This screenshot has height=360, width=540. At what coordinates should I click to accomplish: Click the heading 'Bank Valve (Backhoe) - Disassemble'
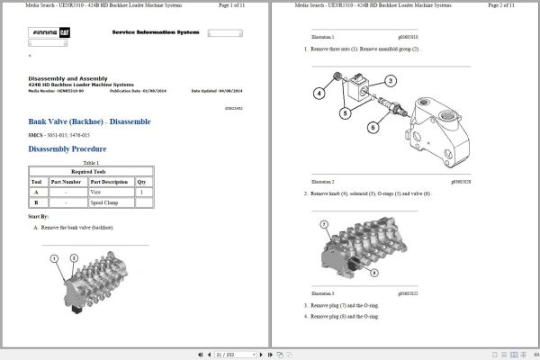(89, 121)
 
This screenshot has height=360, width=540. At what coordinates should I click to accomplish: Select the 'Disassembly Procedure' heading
(67, 148)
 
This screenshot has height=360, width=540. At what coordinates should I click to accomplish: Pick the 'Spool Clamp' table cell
(104, 203)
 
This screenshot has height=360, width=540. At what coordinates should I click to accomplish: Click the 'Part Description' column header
(109, 181)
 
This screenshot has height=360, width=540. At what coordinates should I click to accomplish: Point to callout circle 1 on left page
(54, 258)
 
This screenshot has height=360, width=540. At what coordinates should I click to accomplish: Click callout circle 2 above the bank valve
(73, 258)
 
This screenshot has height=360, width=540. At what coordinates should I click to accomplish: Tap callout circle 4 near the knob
(319, 94)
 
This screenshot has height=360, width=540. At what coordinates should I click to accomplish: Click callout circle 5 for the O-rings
(345, 113)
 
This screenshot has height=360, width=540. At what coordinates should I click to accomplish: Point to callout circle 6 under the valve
(373, 128)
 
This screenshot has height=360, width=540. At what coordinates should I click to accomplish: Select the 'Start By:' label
(39, 216)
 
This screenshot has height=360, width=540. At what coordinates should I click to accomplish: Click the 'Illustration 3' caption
(322, 293)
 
